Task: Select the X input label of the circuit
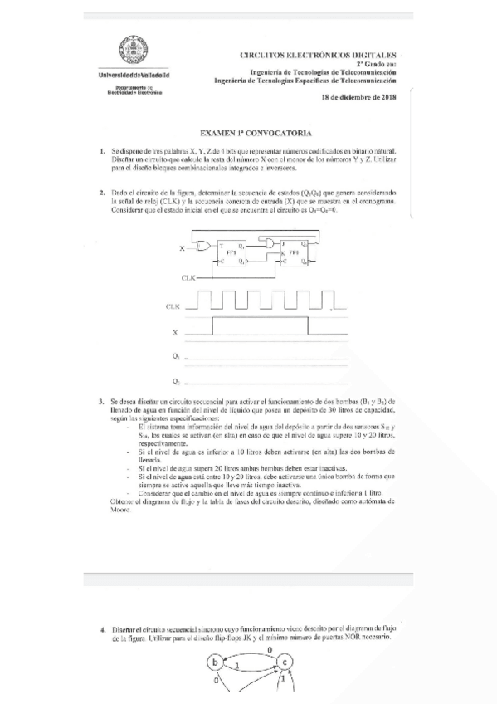pos(182,249)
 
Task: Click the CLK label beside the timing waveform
pos(173,307)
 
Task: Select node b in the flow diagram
pos(216,662)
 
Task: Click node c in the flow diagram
pos(285,662)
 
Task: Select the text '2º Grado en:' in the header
pos(376,63)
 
